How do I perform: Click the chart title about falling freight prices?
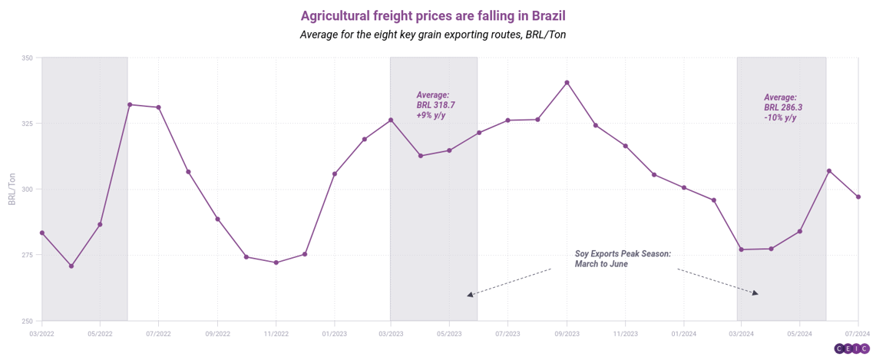438,15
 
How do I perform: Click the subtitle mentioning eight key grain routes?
438,35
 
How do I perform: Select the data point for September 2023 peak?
567,82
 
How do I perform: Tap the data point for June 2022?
130,104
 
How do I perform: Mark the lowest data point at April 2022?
71,266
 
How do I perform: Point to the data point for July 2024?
858,197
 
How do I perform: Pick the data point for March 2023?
391,120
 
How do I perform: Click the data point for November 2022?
276,263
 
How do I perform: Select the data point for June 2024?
828,170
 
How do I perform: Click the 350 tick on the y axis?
27,58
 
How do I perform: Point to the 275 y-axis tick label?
27,255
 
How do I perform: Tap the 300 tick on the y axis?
27,190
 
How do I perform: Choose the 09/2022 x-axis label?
217,334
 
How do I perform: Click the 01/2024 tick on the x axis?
683,334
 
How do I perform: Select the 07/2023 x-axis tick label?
507,334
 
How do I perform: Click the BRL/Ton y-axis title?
12,189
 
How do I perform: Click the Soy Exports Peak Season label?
622,259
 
